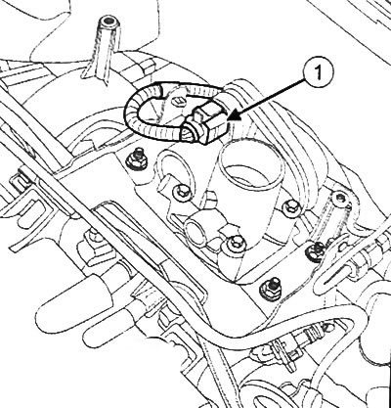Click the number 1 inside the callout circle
point(319,73)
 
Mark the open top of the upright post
point(109,23)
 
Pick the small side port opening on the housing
point(195,232)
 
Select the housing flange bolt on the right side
point(289,207)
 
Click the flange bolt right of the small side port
point(234,244)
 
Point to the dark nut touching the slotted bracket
point(316,249)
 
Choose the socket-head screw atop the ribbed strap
point(340,198)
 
